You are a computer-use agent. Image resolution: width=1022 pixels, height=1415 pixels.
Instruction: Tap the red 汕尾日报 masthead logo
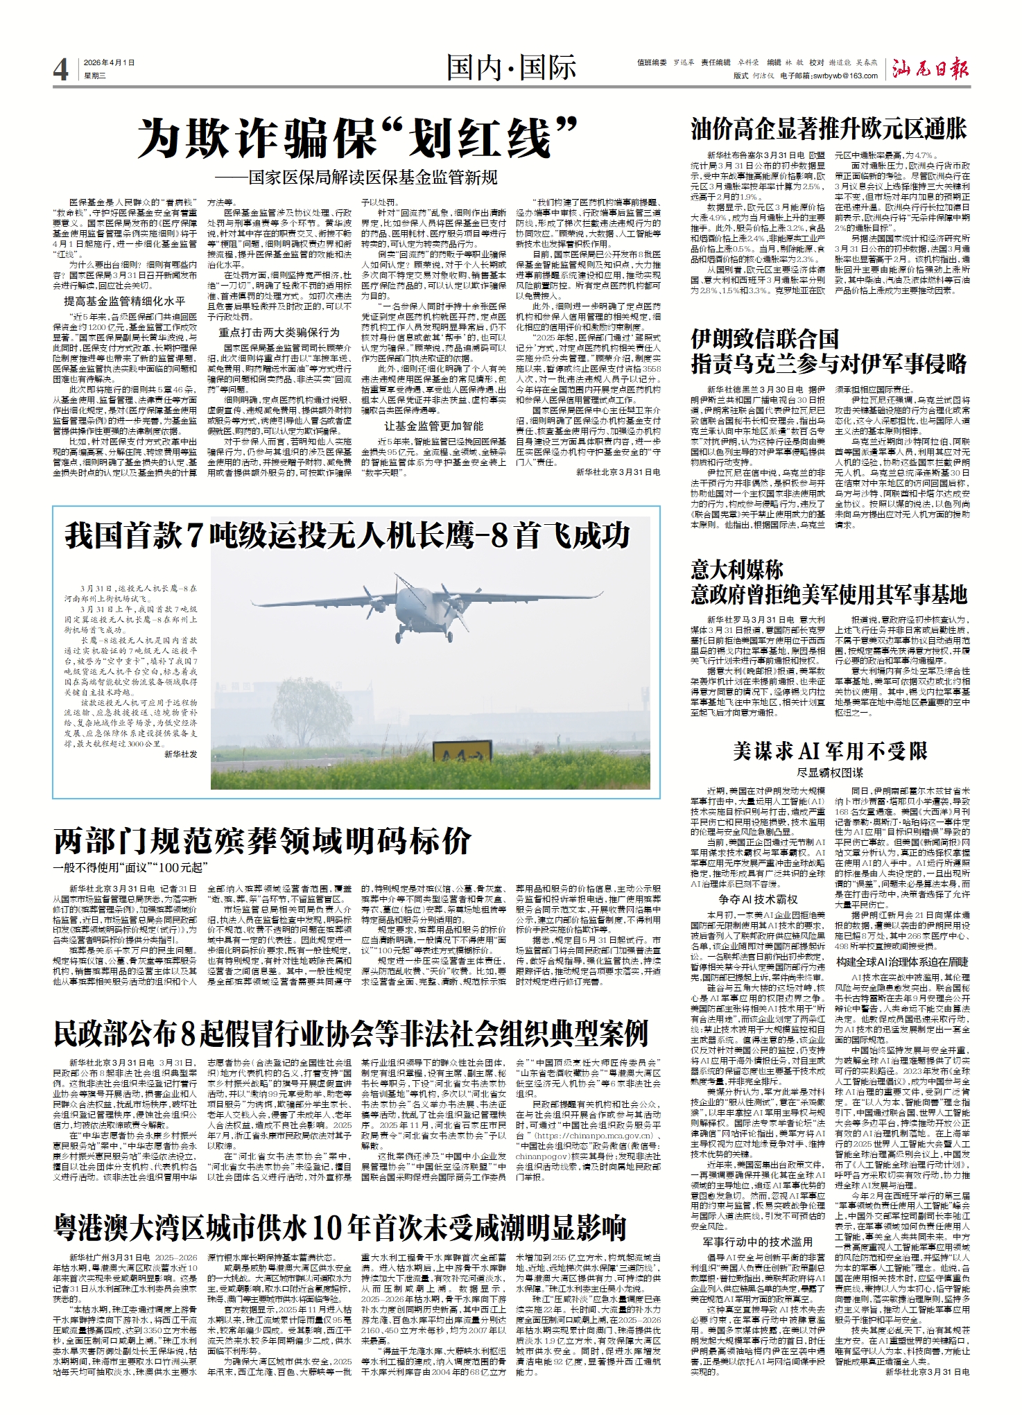[x=930, y=69]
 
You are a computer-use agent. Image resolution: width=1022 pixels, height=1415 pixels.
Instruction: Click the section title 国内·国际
[x=511, y=68]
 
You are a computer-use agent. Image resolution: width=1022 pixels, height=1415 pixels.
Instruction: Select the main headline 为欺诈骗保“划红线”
[x=358, y=139]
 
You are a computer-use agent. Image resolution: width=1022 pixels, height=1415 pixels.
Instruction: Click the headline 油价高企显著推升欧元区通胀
[x=829, y=129]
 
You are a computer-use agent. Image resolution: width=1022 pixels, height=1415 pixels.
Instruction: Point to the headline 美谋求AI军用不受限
[x=830, y=751]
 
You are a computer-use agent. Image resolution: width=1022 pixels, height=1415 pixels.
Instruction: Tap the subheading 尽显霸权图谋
[x=830, y=772]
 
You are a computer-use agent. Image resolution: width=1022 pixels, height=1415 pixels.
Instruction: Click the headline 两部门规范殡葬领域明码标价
[x=263, y=842]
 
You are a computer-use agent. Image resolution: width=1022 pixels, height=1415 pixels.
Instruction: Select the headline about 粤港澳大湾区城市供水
[x=340, y=1226]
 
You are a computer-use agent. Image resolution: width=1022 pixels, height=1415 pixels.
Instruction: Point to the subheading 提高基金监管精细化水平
[x=125, y=301]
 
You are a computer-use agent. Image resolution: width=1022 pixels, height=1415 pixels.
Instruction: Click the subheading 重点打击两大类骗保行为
[x=279, y=332]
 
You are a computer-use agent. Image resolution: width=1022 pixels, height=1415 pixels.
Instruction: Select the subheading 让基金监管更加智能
[x=434, y=426]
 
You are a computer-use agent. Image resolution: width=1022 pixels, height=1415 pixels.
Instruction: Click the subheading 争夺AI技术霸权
[x=758, y=900]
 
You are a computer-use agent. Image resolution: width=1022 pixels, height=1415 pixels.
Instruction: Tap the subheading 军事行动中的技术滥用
[x=758, y=1242]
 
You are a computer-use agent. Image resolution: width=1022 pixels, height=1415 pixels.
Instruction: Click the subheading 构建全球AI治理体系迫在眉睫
[x=902, y=962]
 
